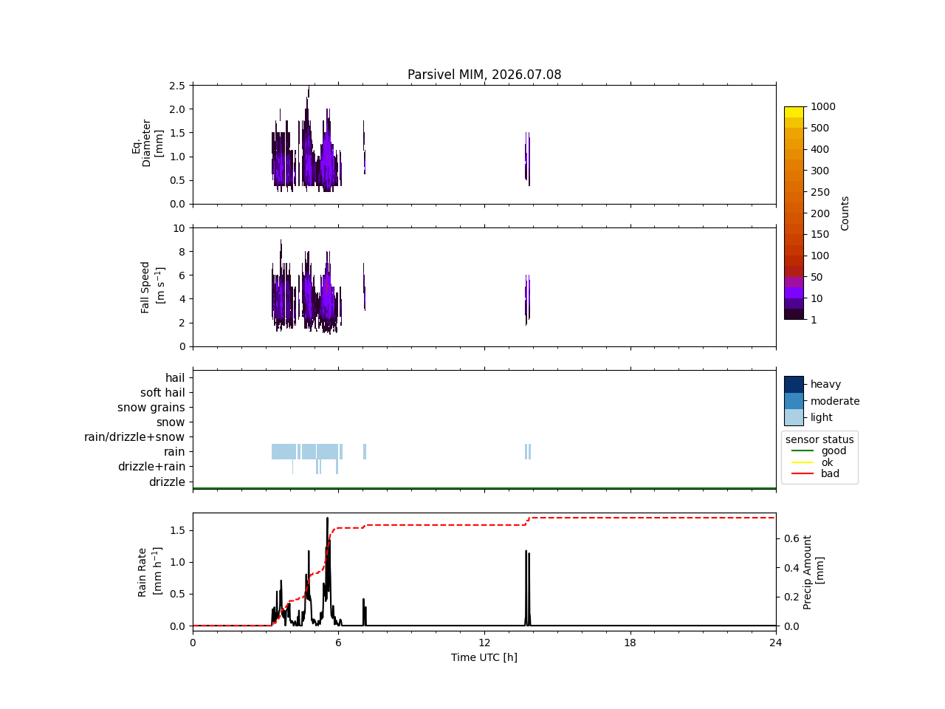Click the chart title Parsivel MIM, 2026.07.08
coord(484,75)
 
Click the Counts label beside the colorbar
coord(845,213)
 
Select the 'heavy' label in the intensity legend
coord(825,384)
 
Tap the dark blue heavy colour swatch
coord(794,385)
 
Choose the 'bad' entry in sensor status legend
coord(830,473)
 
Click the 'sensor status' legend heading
coord(819,439)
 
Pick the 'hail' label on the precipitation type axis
coord(175,377)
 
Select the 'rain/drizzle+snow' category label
coord(134,437)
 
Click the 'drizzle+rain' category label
coord(151,467)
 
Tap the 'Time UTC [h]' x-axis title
coord(484,657)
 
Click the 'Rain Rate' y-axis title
coord(142,572)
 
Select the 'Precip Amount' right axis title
coord(807,572)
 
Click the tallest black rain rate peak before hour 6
coord(327,518)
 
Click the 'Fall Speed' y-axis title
coord(145,287)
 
